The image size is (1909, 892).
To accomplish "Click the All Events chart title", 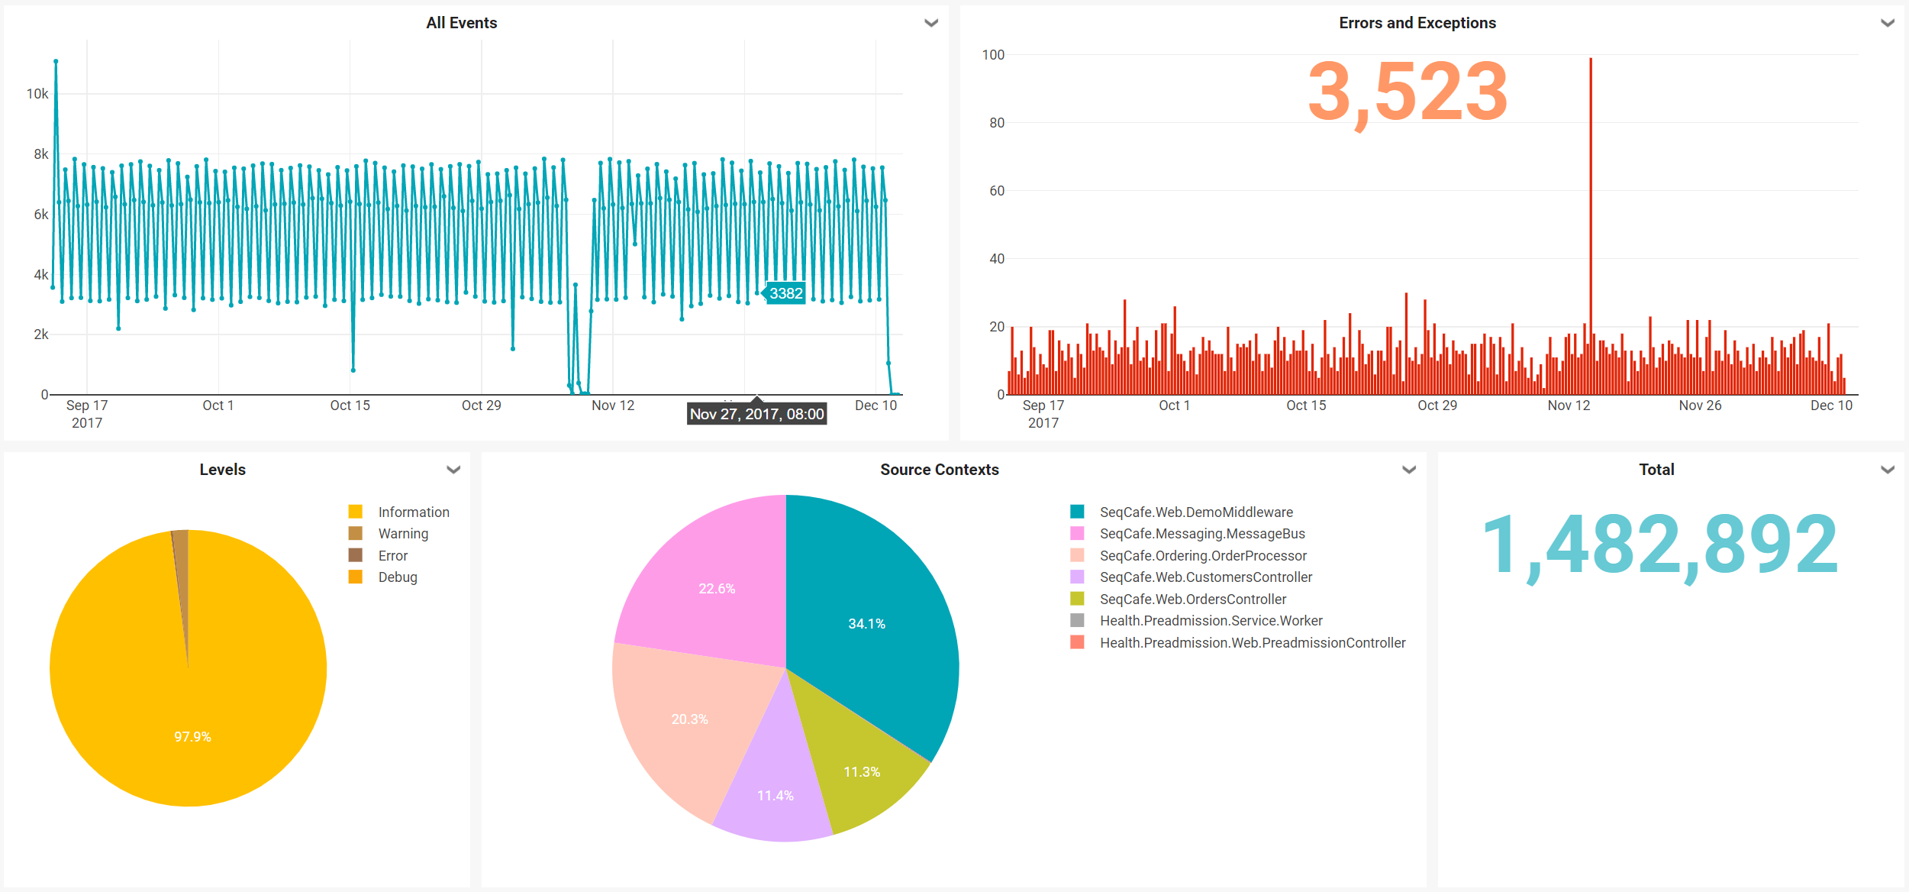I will point(461,23).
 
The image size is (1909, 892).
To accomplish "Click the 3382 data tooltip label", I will point(785,293).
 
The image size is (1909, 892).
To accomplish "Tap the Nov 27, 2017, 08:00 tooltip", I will point(756,414).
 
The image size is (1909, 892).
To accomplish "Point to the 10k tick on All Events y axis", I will point(37,94).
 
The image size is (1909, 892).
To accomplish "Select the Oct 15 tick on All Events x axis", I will point(350,406).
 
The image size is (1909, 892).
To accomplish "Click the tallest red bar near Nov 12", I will point(1591,191).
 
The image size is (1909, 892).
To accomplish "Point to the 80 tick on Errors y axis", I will point(996,123).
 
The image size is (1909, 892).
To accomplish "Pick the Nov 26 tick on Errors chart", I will point(1700,406).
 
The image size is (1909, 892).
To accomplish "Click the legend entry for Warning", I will point(402,534).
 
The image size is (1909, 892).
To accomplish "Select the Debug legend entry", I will point(397,577).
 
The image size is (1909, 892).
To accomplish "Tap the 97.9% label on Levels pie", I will point(192,737).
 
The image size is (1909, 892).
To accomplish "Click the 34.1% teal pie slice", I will point(866,624).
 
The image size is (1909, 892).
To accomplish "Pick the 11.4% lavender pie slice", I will point(775,796).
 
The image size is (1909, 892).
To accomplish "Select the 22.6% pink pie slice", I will point(716,589).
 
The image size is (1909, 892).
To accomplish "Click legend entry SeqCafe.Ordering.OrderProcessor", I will point(1202,556).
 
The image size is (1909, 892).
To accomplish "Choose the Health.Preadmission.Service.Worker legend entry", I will point(1211,621).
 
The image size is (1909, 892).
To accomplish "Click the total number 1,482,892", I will point(1659,545).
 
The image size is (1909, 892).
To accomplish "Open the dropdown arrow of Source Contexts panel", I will point(1409,470).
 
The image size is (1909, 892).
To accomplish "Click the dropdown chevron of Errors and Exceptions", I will point(1887,23).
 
